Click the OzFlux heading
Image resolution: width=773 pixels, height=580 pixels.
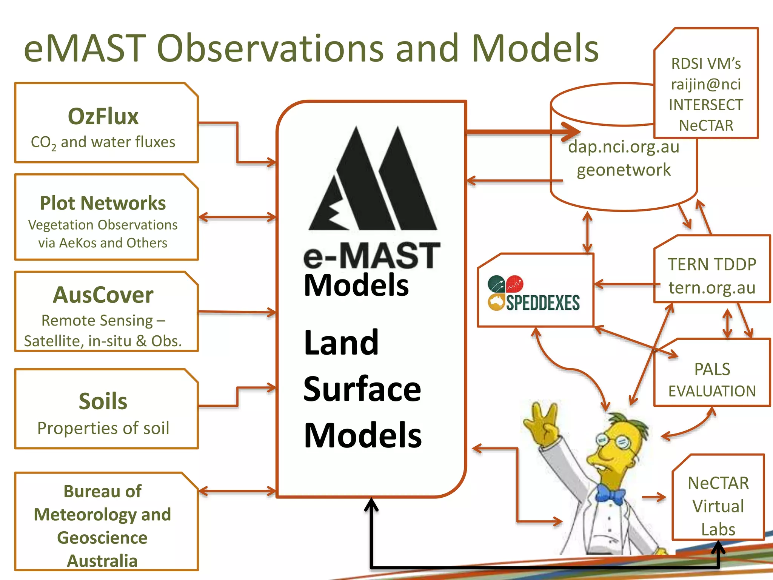[x=103, y=116]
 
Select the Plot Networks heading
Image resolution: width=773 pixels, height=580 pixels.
[x=103, y=203]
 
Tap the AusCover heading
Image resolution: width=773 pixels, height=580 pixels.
[x=103, y=295]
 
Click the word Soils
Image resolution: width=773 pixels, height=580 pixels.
[x=103, y=401]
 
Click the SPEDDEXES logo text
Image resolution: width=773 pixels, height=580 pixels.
[x=542, y=303]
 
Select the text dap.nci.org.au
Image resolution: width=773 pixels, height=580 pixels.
[x=624, y=147]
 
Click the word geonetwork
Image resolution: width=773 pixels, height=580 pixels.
[x=624, y=170]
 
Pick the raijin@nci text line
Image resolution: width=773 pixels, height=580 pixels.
[x=706, y=84]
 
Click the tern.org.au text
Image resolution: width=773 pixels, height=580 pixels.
[x=712, y=288]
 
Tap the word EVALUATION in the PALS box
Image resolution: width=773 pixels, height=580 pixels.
[x=712, y=391]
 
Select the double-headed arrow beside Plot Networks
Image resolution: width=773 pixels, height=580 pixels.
[x=237, y=217]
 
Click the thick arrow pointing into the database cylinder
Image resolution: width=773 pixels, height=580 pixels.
[x=525, y=132]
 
